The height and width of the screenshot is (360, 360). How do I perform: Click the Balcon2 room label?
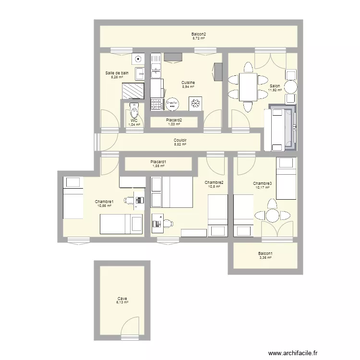[x=198, y=34]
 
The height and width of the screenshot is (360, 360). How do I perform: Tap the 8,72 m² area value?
[x=198, y=38]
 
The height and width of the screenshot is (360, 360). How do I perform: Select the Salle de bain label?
[x=117, y=73]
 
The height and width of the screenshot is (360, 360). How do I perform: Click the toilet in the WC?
[x=133, y=112]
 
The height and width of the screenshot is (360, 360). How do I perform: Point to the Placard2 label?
[x=174, y=120]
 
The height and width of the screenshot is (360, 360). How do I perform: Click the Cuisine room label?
[x=188, y=83]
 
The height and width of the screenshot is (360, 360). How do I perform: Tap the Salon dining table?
[x=248, y=86]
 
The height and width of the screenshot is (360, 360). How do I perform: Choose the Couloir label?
[x=180, y=140]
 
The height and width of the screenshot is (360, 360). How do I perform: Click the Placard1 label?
[x=158, y=162]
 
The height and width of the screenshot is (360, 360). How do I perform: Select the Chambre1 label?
[x=104, y=202]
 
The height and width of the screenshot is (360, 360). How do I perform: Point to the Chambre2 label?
[x=214, y=182]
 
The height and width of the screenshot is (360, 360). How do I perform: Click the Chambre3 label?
[x=263, y=183]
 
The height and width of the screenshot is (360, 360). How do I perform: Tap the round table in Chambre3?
[x=272, y=215]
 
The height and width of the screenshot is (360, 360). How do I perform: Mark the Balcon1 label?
[x=265, y=253]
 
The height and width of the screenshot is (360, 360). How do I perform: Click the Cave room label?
[x=122, y=299]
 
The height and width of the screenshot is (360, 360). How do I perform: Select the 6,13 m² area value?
[x=122, y=302]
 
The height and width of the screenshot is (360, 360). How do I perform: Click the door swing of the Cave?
[x=130, y=326]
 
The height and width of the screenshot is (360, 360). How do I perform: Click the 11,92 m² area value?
[x=275, y=90]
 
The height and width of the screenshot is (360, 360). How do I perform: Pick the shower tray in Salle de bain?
[x=133, y=90]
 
